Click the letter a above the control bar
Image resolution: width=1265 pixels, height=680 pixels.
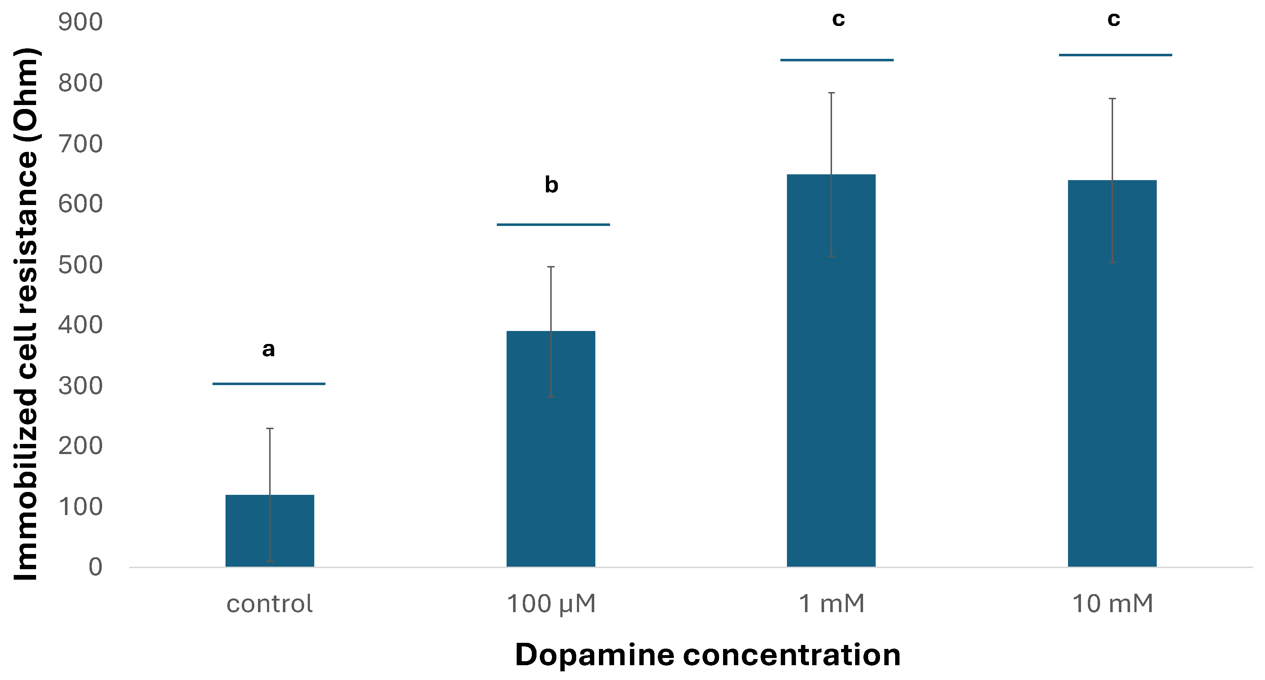[x=268, y=349]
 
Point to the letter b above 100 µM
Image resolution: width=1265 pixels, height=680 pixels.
[x=551, y=185]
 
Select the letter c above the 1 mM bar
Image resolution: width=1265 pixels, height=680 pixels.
[x=838, y=19]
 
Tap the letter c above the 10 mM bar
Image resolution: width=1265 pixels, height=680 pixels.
[x=1113, y=19]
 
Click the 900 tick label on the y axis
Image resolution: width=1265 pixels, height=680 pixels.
[x=80, y=22]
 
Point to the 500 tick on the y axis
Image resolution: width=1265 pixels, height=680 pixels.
[x=80, y=265]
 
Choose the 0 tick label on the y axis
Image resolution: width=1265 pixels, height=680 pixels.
[x=95, y=567]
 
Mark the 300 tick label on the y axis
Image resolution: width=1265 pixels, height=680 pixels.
[x=80, y=386]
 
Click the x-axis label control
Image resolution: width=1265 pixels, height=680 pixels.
[x=269, y=604]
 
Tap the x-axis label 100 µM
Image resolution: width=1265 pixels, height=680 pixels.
[x=551, y=604]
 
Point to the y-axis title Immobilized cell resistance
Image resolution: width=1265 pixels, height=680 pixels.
[x=26, y=314]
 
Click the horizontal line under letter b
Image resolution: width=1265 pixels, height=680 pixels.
[x=553, y=225]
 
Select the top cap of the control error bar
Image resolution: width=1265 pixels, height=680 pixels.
[x=270, y=428]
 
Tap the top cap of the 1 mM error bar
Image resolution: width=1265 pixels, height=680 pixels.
[x=831, y=92]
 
